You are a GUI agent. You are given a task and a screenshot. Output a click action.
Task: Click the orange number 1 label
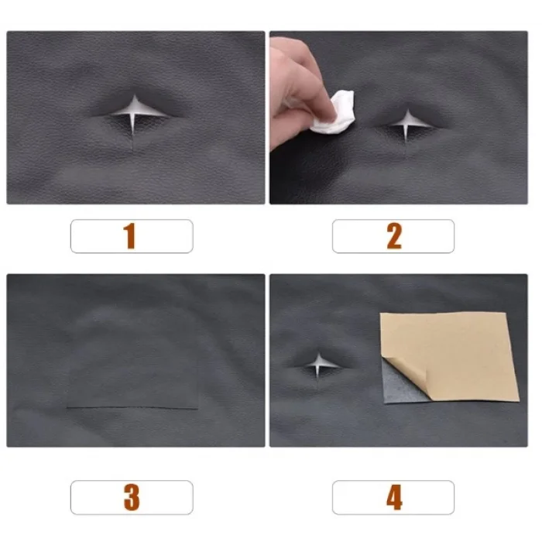tap(129, 235)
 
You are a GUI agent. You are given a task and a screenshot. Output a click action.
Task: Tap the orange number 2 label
tap(394, 235)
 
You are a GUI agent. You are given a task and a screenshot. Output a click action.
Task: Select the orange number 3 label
tap(132, 497)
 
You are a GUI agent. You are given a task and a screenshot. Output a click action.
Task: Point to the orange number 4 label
tap(394, 497)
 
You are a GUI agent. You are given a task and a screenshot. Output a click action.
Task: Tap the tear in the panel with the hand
tap(408, 125)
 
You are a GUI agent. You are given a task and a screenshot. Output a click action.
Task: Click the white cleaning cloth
tap(334, 112)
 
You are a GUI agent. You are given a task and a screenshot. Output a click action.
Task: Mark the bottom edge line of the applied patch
tap(132, 408)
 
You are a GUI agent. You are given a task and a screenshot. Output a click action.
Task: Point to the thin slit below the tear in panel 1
tap(133, 142)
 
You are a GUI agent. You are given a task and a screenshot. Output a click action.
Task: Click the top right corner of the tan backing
tap(506, 313)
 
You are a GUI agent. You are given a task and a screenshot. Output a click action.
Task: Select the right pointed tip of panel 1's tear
tap(168, 116)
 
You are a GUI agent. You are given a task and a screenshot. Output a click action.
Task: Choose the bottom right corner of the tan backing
tap(520, 401)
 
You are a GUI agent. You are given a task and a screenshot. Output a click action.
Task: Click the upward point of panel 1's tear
tap(135, 95)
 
